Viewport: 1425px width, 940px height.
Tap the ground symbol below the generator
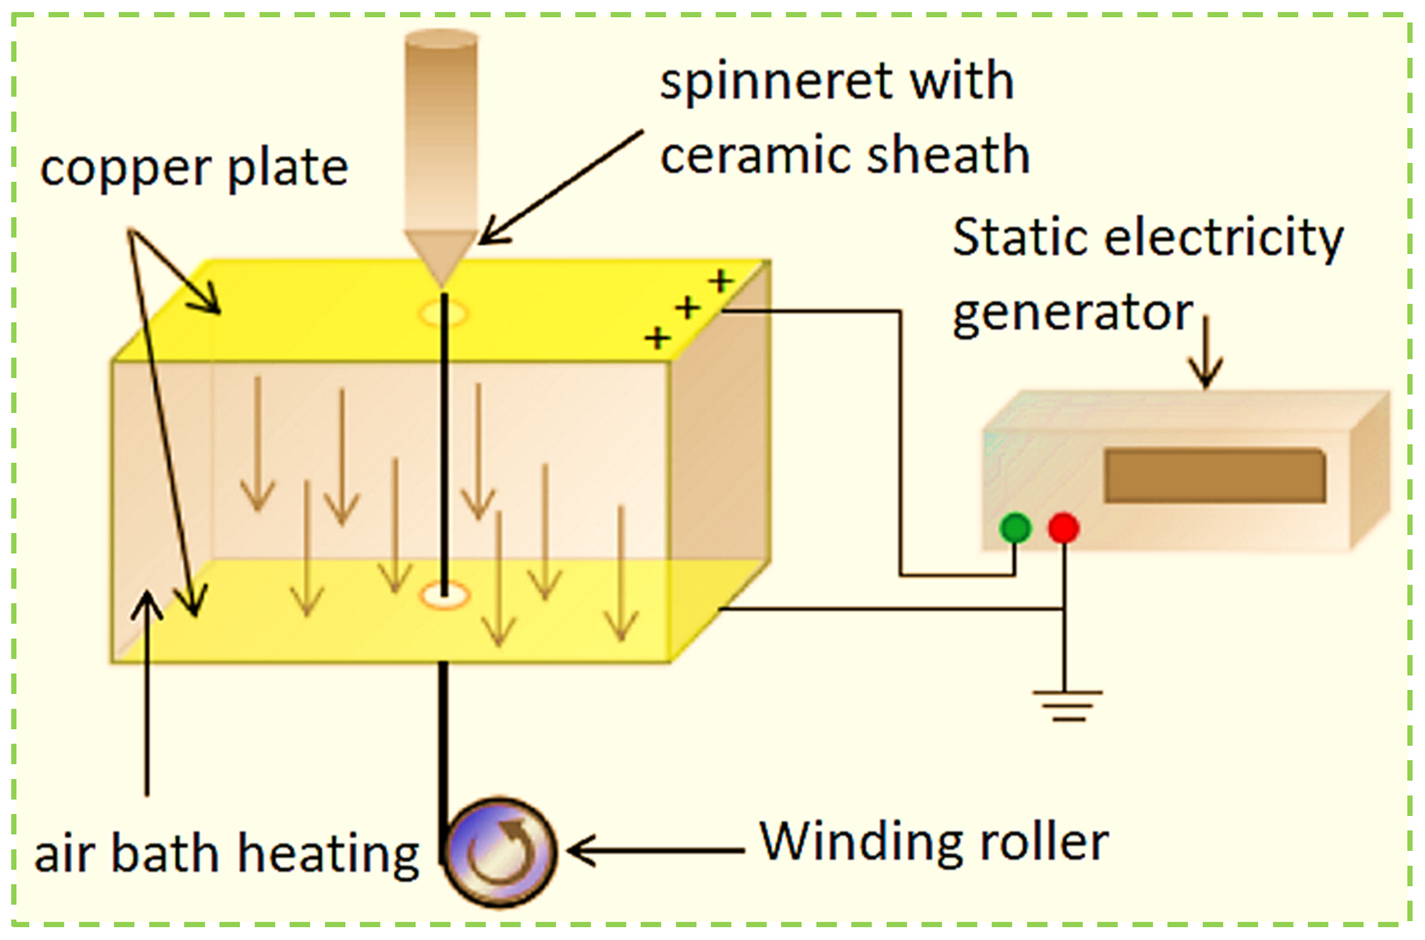pos(1067,706)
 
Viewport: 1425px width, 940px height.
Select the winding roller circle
pos(499,852)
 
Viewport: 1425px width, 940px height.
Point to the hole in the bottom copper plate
pos(444,595)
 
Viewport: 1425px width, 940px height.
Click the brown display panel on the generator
pos(1215,475)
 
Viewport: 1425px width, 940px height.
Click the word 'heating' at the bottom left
pos(329,854)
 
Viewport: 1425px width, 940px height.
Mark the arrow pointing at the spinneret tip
pos(560,187)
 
